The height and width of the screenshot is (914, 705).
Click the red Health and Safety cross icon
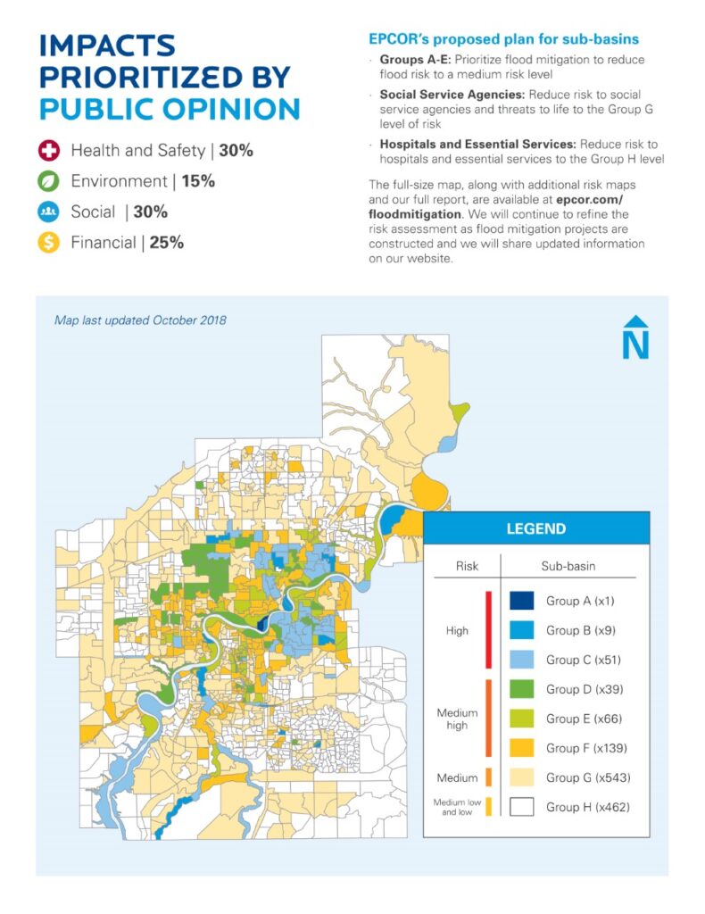(49, 151)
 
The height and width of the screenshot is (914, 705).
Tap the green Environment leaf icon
(49, 181)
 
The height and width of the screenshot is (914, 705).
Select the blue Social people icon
(49, 212)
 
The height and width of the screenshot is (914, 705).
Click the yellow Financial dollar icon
(49, 242)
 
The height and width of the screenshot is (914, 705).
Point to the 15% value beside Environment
(197, 181)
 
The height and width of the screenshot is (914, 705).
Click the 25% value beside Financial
(166, 242)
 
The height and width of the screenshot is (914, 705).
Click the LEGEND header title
(535, 528)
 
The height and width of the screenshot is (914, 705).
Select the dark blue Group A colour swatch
(520, 601)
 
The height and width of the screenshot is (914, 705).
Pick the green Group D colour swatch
(520, 689)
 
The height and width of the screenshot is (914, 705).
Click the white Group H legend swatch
(520, 807)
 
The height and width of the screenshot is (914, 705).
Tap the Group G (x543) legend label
(584, 777)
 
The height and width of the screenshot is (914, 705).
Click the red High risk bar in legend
(488, 629)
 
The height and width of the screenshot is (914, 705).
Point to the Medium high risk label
(457, 719)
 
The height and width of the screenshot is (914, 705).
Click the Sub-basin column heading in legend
(568, 566)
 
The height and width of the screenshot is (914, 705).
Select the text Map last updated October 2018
(140, 320)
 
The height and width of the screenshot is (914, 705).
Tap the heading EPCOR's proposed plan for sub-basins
(503, 40)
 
